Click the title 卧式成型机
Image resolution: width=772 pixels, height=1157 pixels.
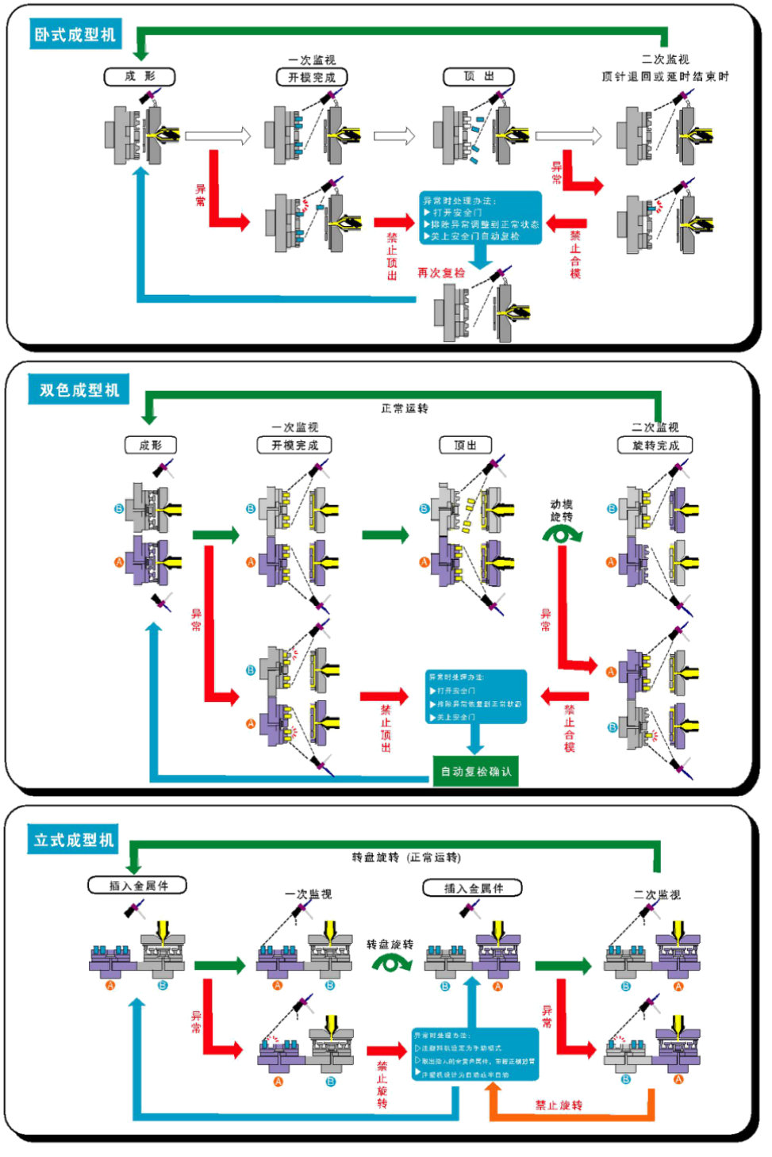(75, 35)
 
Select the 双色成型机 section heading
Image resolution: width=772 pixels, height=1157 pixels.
(79, 390)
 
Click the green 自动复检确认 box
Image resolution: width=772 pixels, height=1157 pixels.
(476, 772)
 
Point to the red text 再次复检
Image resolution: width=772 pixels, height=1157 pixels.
(441, 273)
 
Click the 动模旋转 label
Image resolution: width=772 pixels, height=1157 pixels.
(562, 510)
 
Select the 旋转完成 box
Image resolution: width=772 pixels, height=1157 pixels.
(655, 446)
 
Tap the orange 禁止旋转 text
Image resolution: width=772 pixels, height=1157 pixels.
(559, 1105)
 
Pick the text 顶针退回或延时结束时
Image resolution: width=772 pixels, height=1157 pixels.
(665, 77)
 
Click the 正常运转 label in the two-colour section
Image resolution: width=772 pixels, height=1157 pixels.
(405, 408)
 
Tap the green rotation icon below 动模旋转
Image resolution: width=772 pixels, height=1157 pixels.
(562, 535)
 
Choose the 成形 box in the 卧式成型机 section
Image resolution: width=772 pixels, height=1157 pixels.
(140, 77)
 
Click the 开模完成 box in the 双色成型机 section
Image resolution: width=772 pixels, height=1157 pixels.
(294, 446)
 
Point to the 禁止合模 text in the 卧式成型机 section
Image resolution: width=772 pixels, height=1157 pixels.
(575, 255)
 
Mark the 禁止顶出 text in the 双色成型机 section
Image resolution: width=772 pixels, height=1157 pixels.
(386, 728)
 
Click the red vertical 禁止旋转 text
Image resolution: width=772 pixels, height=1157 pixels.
(382, 1084)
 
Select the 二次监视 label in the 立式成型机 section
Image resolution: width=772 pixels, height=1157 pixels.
(657, 895)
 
